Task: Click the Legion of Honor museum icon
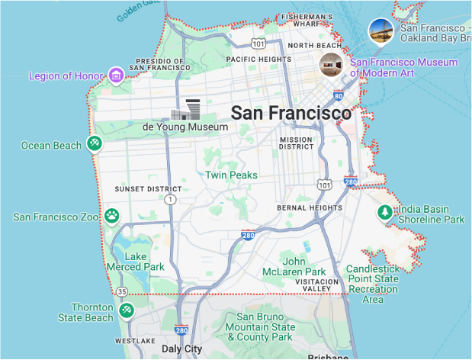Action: (x=116, y=75)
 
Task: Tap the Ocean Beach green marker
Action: (x=94, y=143)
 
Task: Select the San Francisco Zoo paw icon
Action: (x=112, y=216)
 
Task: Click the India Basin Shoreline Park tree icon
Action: (x=386, y=212)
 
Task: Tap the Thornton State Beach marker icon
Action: (x=127, y=310)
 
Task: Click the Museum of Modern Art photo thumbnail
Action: (x=331, y=65)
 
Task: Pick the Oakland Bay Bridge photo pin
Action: (x=380, y=31)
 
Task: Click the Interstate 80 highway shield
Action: (x=339, y=97)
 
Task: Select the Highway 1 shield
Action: (x=169, y=199)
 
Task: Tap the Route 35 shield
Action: (x=122, y=291)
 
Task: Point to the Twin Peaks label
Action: (x=231, y=175)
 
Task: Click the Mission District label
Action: (x=297, y=143)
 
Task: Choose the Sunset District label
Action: (x=148, y=189)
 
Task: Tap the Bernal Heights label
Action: (x=310, y=207)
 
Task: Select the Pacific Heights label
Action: (x=258, y=59)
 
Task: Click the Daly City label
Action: (x=181, y=349)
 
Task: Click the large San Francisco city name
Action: (x=291, y=113)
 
